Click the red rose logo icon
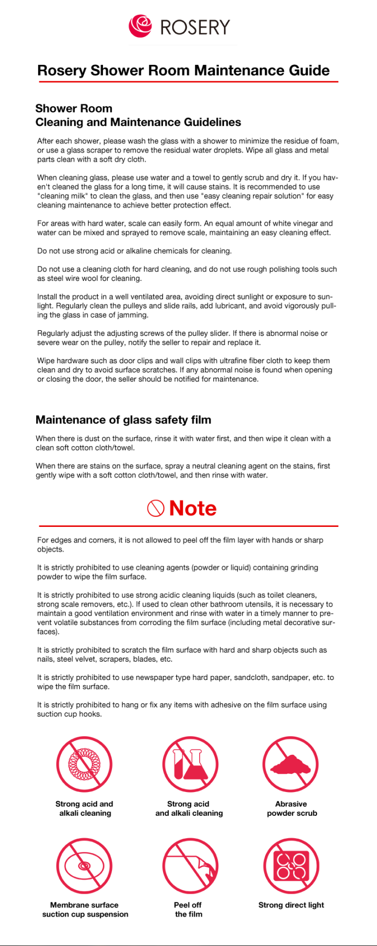[140, 26]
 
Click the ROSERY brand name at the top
[195, 27]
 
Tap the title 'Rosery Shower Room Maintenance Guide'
[183, 71]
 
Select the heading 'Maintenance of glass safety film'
[123, 420]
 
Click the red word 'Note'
[193, 508]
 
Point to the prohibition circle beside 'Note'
[156, 508]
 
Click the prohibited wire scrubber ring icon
[84, 764]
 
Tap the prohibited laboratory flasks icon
[190, 764]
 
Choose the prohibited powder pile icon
[290, 764]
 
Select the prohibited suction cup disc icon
[84, 866]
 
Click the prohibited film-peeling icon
[190, 866]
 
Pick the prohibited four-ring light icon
[291, 866]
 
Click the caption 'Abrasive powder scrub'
[292, 808]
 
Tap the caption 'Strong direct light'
[291, 905]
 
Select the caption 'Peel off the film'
[188, 909]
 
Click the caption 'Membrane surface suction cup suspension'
[85, 909]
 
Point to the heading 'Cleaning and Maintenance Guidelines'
[138, 122]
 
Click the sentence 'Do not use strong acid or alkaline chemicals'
[134, 251]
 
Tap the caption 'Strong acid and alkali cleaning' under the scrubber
[84, 808]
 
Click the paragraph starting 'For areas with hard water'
[185, 228]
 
